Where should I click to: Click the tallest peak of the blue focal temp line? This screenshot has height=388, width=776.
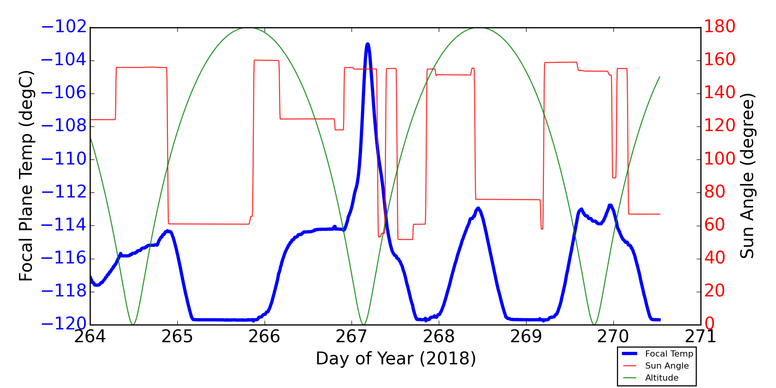[x=367, y=45]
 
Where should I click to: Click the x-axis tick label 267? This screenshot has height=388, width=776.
[x=352, y=337]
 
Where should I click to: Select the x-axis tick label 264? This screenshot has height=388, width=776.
[x=90, y=337]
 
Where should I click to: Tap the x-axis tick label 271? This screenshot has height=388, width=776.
[x=701, y=337]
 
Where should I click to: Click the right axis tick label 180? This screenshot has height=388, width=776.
[x=719, y=27]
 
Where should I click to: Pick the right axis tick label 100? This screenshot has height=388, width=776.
[x=719, y=159]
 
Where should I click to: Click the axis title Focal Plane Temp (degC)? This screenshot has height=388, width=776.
[x=26, y=176]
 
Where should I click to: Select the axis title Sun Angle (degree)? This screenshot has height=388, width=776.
[x=747, y=176]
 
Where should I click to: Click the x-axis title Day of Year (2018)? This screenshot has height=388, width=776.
[x=396, y=359]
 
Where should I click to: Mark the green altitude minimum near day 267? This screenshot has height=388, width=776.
[x=363, y=324]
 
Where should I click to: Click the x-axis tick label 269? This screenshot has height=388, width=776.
[x=526, y=337]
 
